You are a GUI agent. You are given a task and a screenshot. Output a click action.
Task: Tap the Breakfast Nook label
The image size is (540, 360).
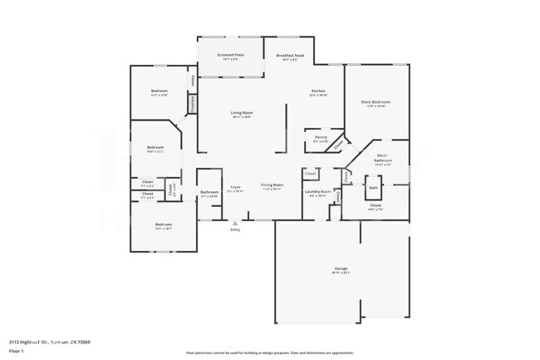click(290, 57)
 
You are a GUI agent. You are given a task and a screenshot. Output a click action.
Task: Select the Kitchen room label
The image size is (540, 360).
click(318, 92)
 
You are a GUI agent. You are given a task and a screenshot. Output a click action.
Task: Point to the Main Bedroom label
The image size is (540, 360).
click(375, 103)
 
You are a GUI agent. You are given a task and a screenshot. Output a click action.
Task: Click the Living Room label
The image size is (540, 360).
click(241, 114)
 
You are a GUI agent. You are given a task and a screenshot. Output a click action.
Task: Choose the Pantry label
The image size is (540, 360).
click(320, 139)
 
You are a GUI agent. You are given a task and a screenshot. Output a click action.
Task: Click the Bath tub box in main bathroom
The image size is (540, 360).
click(373, 187)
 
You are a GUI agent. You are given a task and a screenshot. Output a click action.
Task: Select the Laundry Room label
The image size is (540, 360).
click(319, 193)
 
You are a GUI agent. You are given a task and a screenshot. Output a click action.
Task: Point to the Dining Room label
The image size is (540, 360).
click(272, 187)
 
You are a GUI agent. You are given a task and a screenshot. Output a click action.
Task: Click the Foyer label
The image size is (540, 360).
click(235, 189)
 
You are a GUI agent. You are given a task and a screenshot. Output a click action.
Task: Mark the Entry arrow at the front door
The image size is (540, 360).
click(235, 224)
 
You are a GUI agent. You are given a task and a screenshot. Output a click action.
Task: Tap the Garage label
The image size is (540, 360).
click(341, 269)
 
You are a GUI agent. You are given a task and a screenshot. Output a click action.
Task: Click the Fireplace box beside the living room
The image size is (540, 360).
click(193, 104)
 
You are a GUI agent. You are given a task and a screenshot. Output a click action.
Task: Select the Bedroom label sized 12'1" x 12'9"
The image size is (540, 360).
click(159, 91)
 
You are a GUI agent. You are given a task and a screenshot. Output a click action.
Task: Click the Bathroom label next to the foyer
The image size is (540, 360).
click(209, 194)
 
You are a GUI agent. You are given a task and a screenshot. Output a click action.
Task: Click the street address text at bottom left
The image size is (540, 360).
click(50, 342)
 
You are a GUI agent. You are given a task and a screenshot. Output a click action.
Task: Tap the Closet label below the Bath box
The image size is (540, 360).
click(375, 205)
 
